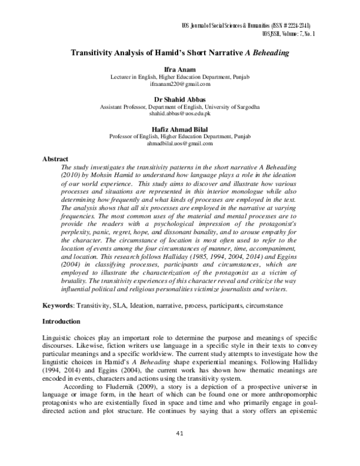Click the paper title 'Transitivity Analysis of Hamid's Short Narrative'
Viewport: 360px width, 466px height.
156,53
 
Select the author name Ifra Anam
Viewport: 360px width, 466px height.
179,70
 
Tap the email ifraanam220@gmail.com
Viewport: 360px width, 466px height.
179,86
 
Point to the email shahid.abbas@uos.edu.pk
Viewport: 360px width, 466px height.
179,114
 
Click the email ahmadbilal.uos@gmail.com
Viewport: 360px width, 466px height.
179,143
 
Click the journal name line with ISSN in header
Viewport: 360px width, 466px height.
248,26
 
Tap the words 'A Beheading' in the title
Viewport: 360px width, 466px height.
268,53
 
